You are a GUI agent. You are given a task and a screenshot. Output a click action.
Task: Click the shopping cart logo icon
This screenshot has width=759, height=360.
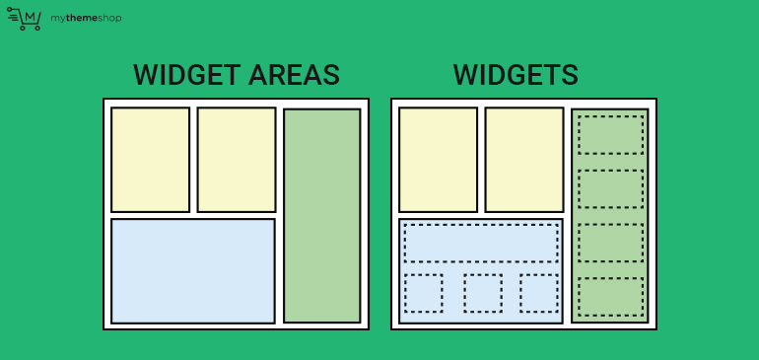click(24, 19)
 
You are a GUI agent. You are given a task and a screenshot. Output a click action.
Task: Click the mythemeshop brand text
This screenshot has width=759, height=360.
click(86, 19)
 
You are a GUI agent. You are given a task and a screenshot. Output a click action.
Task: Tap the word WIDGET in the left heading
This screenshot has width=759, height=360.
click(182, 75)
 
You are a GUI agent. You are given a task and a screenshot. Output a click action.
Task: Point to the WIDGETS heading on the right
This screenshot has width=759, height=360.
click(516, 75)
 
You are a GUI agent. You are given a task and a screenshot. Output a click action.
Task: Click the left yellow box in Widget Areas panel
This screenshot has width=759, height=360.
click(150, 159)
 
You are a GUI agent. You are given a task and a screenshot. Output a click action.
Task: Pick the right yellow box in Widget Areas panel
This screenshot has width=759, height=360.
click(237, 159)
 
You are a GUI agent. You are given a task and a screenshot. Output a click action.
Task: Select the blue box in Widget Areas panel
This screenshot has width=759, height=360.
click(193, 270)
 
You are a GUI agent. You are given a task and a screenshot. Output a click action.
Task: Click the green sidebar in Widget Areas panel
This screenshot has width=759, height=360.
click(321, 215)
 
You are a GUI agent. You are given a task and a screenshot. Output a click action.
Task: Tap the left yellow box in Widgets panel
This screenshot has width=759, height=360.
click(438, 159)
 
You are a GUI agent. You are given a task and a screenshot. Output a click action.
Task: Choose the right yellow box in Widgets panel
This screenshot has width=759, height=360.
click(523, 159)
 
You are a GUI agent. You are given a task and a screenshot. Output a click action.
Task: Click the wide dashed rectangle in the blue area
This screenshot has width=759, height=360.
click(481, 243)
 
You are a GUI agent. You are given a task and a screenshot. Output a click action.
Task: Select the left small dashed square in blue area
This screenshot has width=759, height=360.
click(423, 293)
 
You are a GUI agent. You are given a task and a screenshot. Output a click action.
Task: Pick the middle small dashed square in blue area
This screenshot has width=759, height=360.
click(483, 293)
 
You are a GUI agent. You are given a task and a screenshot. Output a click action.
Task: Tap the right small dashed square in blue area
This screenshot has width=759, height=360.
click(539, 293)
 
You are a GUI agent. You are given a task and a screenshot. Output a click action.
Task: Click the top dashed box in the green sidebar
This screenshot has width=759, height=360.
click(610, 134)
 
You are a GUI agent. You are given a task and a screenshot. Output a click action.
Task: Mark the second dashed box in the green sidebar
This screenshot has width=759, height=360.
click(610, 188)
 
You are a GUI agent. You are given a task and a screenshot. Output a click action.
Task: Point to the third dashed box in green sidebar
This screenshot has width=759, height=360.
click(610, 242)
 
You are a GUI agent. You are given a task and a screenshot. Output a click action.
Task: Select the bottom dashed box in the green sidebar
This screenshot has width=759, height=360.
click(610, 296)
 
